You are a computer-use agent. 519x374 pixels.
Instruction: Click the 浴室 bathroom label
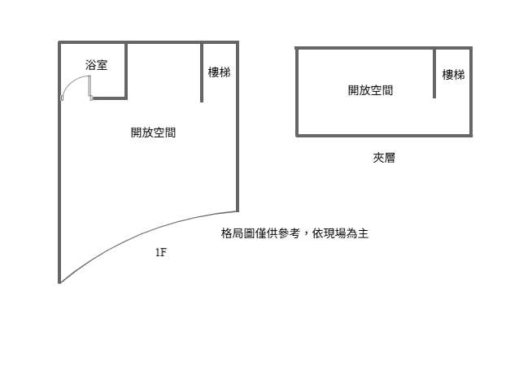click(96, 65)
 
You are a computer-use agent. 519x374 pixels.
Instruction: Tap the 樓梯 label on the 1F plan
click(219, 72)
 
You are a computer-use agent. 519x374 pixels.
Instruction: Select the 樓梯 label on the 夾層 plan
click(453, 75)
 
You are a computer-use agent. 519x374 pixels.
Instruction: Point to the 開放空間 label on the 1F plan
click(153, 133)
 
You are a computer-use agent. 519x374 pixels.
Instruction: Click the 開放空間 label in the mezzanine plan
click(370, 90)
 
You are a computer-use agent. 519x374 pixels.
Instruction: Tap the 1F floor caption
click(161, 252)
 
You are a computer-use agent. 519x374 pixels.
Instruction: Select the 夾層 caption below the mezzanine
click(384, 158)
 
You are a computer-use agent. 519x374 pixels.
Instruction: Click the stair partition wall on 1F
click(202, 72)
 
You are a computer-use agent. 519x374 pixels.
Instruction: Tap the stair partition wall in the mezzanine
click(434, 73)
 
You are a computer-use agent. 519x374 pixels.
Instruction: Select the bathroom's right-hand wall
click(126, 71)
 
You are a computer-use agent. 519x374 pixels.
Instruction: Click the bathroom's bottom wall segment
click(108, 98)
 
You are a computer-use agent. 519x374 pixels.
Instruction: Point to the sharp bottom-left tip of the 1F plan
click(59, 284)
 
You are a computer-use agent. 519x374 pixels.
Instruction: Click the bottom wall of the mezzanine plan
click(384, 135)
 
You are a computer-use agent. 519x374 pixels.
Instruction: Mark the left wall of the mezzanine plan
click(297, 92)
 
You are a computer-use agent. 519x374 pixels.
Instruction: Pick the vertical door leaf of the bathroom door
click(89, 86)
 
